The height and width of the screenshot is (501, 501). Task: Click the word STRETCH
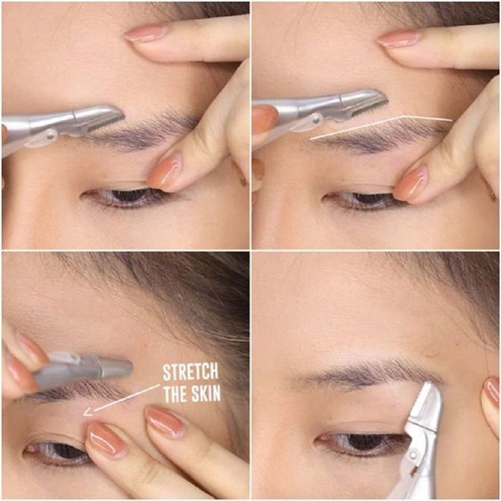click(x=190, y=372)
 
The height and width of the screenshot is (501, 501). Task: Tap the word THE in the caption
click(x=175, y=394)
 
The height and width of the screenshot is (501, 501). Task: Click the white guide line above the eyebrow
click(x=382, y=126)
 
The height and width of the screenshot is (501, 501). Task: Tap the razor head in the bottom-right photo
click(x=427, y=403)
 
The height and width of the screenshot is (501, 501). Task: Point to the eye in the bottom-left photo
click(x=56, y=449)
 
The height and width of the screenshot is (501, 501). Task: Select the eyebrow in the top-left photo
click(x=144, y=131)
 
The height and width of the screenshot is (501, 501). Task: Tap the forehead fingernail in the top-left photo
click(x=145, y=33)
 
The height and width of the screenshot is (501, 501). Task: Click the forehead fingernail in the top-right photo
click(x=397, y=39)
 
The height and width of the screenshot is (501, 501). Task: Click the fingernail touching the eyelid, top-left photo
click(x=164, y=172)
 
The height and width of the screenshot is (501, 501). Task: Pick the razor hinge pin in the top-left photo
click(x=50, y=136)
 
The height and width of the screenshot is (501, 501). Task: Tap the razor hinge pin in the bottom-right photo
click(x=413, y=455)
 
